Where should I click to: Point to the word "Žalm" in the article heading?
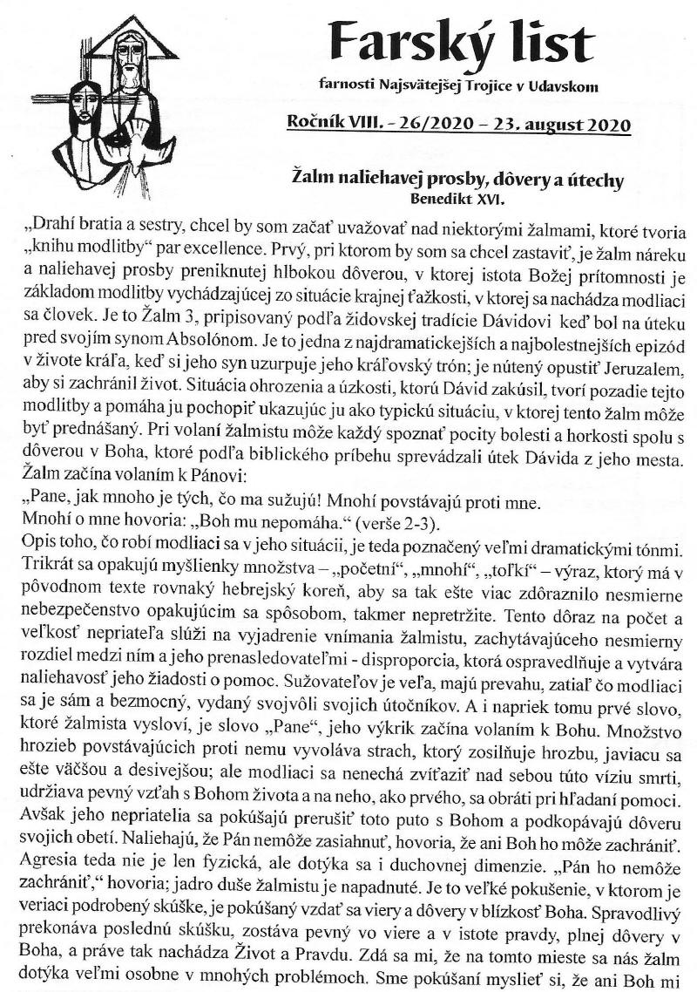click(x=314, y=181)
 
